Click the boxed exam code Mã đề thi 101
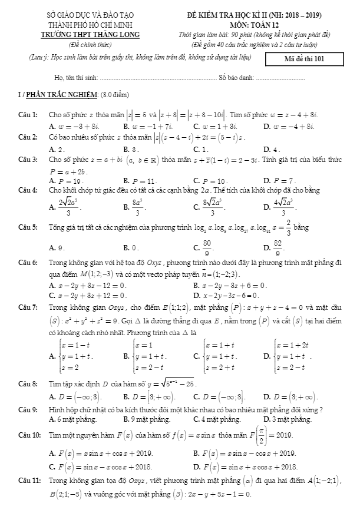304,58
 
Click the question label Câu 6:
28,261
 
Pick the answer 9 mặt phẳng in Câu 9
146,419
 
